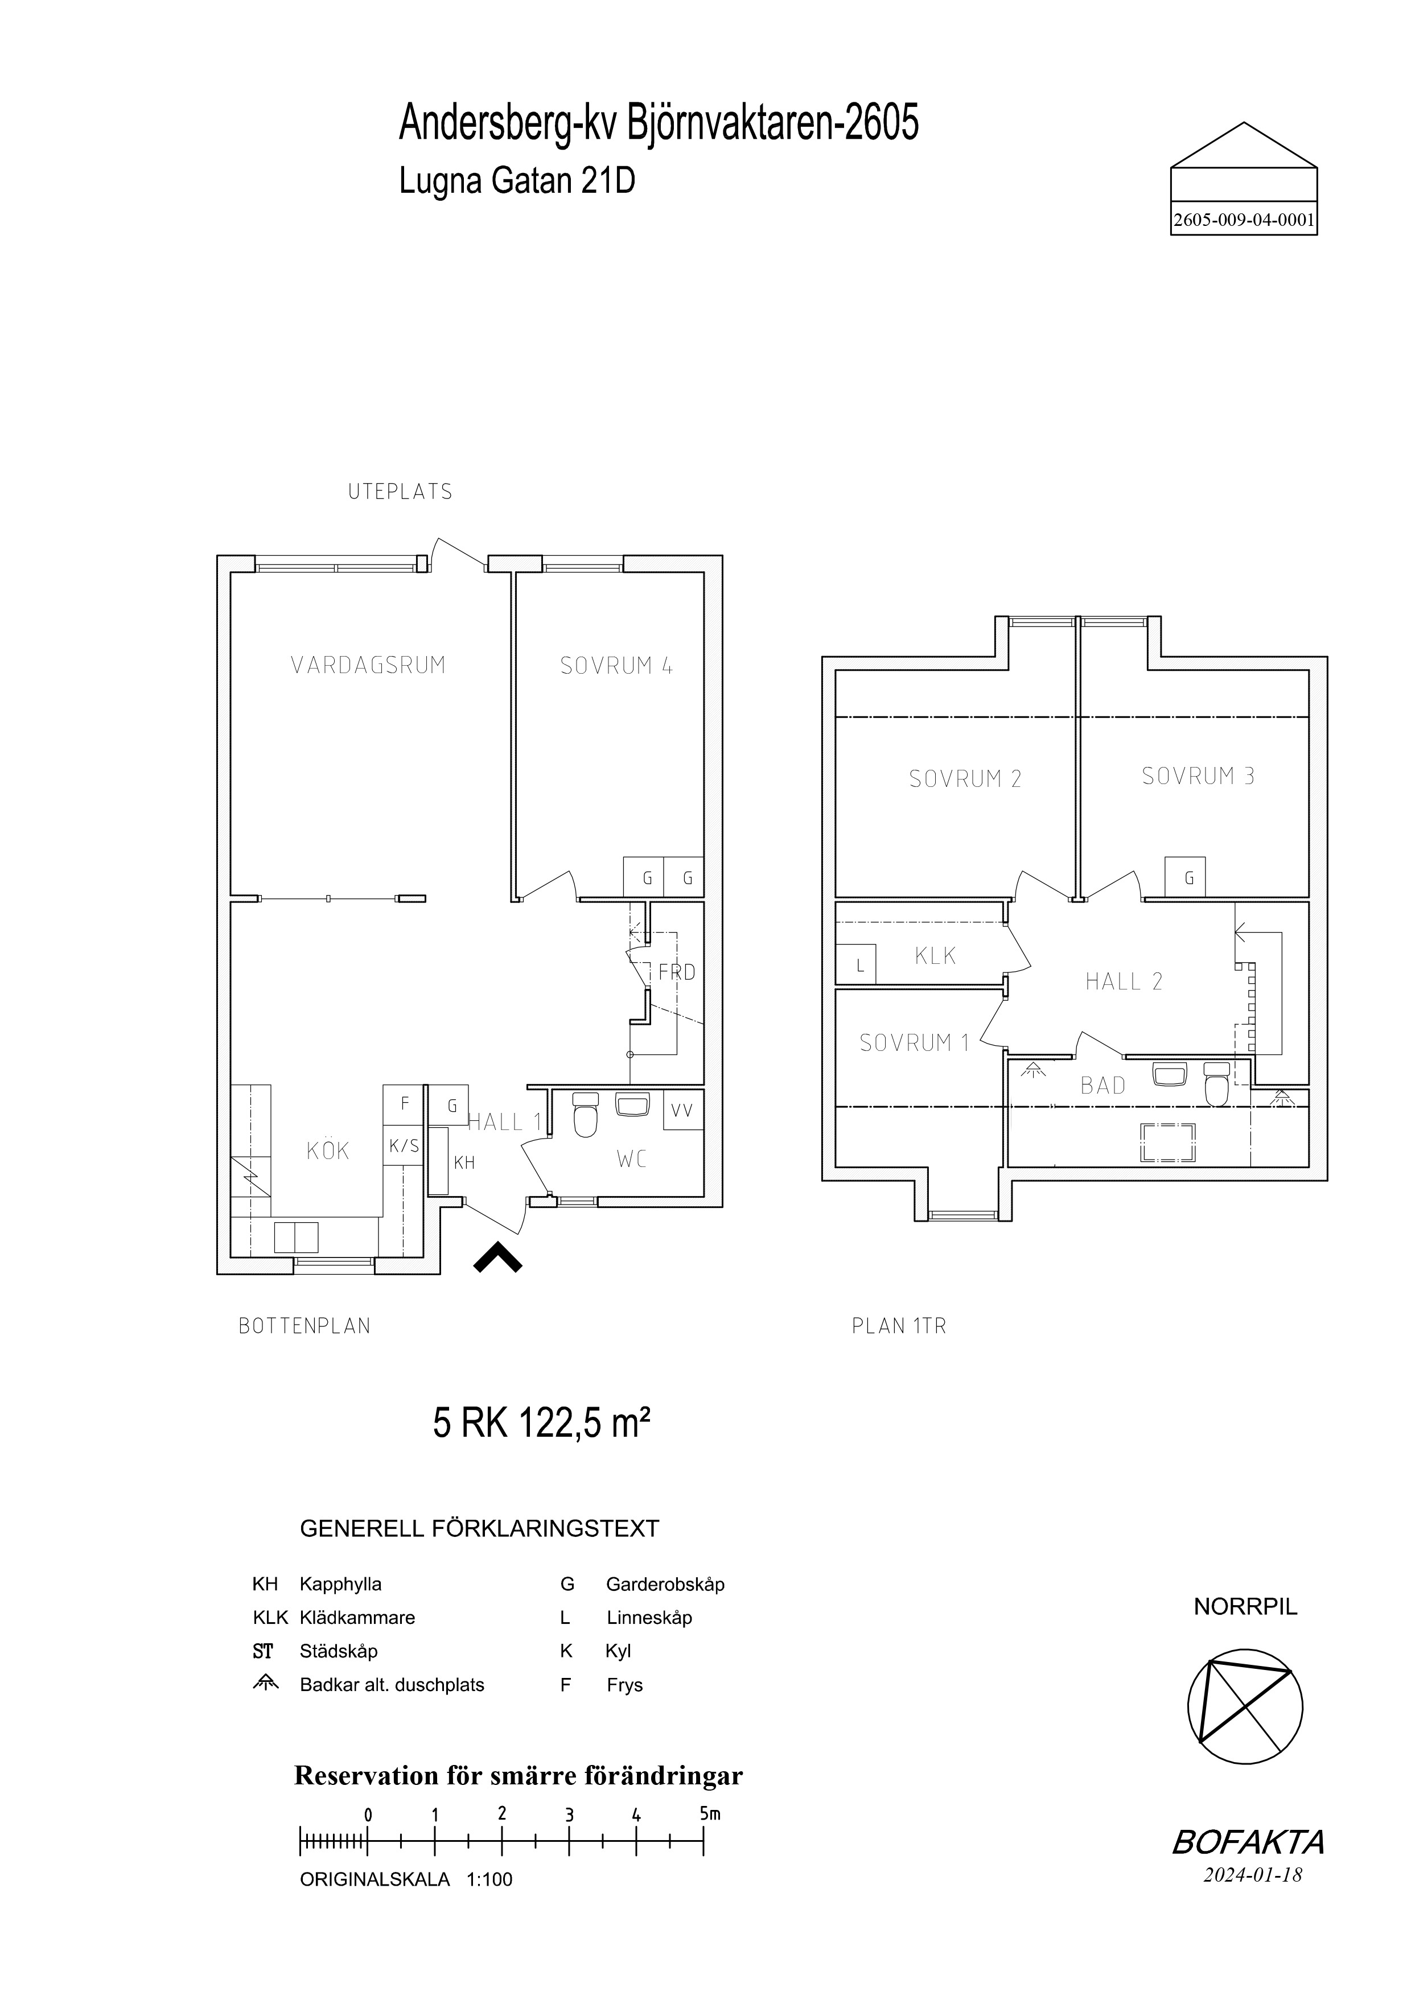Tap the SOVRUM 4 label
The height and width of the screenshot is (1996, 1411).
tap(616, 666)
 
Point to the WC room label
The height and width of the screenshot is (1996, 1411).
tap(632, 1159)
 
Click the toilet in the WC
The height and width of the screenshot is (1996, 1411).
tap(586, 1115)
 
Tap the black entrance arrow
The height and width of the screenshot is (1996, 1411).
tap(498, 1258)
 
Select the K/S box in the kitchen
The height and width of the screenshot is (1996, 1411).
tap(404, 1147)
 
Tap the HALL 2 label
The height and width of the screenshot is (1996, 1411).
tap(1123, 981)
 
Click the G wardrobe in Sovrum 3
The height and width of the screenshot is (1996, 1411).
tap(1190, 877)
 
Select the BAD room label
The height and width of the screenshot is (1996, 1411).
tap(1103, 1085)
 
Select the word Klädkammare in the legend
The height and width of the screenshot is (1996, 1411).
tap(357, 1618)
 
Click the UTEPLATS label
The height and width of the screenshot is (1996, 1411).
tap(401, 492)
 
